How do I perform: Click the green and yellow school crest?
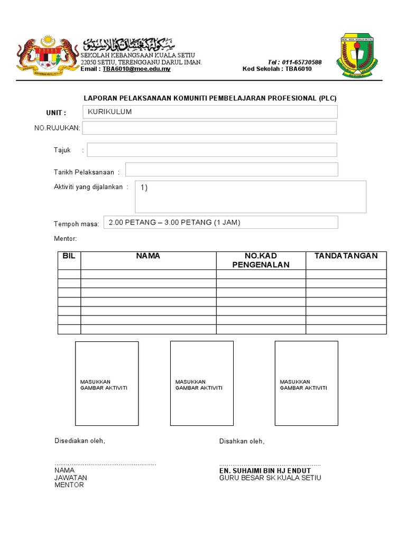tap(357, 55)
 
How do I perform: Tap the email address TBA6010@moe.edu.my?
tap(136, 69)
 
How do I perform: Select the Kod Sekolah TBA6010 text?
tap(277, 69)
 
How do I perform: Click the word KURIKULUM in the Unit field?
tap(109, 112)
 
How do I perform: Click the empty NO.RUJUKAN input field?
tap(209, 128)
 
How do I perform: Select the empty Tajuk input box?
tap(212, 150)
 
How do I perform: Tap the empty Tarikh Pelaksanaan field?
tap(232, 170)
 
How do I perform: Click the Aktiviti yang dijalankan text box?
tap(251, 196)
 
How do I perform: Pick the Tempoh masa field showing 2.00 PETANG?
tap(220, 222)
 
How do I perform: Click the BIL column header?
tap(69, 256)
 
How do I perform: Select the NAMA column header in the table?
tap(148, 256)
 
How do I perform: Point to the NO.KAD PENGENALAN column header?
tap(261, 260)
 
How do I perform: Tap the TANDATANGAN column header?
tap(346, 256)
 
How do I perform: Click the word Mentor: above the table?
tap(66, 239)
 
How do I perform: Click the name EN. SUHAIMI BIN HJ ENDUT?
tap(265, 471)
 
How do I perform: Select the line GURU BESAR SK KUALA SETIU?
tap(270, 478)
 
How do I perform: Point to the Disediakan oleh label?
tap(80, 441)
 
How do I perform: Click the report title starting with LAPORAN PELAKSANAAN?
tap(210, 98)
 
